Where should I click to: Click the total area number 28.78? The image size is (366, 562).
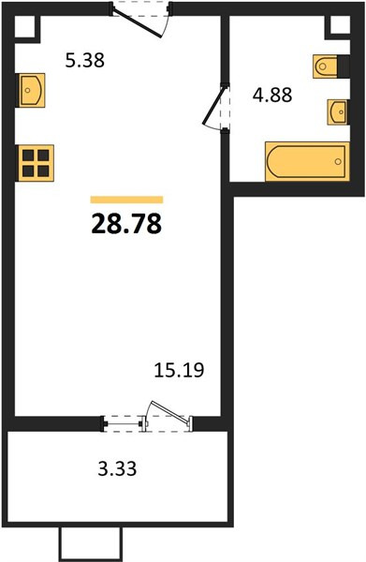pos(126,224)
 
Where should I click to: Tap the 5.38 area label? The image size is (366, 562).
pos(85,60)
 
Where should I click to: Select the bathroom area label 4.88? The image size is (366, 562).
pos(272,95)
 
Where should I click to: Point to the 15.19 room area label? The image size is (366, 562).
pos(179,370)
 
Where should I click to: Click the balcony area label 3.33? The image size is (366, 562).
pos(117,468)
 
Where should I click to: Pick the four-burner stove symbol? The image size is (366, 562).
pos(35,163)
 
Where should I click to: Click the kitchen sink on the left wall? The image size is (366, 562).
pos(31,90)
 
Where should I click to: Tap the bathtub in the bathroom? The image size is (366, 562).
pos(307,161)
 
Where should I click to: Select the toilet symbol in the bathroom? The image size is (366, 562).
pos(325,67)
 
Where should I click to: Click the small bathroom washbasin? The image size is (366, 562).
pos(338,112)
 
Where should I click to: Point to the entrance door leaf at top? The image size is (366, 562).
pos(137,22)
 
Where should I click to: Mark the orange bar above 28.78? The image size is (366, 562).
pos(126,200)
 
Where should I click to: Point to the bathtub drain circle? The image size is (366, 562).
pos(338,162)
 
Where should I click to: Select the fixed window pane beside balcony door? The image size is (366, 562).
pos(123,424)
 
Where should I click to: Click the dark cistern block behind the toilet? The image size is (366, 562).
pos(344,67)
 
